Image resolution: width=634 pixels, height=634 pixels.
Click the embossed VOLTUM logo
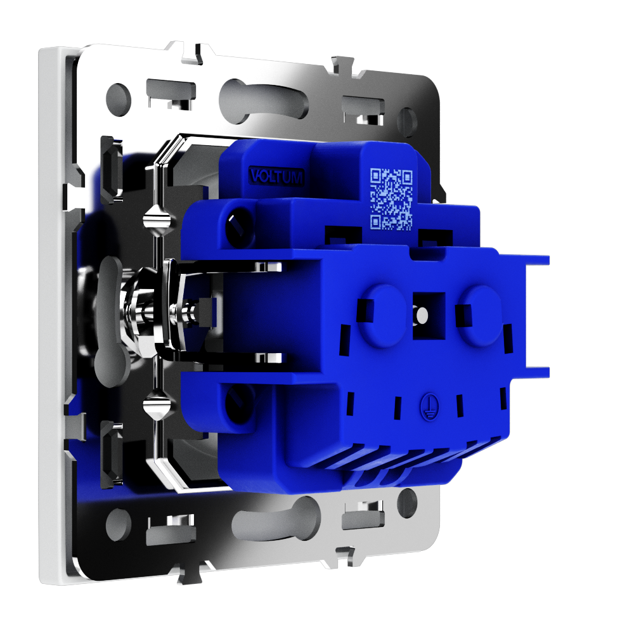coord(276,176)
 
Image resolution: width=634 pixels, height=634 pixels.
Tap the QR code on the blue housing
coord(391,199)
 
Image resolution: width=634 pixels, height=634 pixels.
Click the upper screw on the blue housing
coord(239,225)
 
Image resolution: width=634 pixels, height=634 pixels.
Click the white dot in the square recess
coord(422,314)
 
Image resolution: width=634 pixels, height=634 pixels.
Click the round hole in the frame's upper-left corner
coord(118,99)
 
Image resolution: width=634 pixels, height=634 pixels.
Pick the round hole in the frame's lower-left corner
coord(118,524)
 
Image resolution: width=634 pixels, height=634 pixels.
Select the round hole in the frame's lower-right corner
coord(407,503)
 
